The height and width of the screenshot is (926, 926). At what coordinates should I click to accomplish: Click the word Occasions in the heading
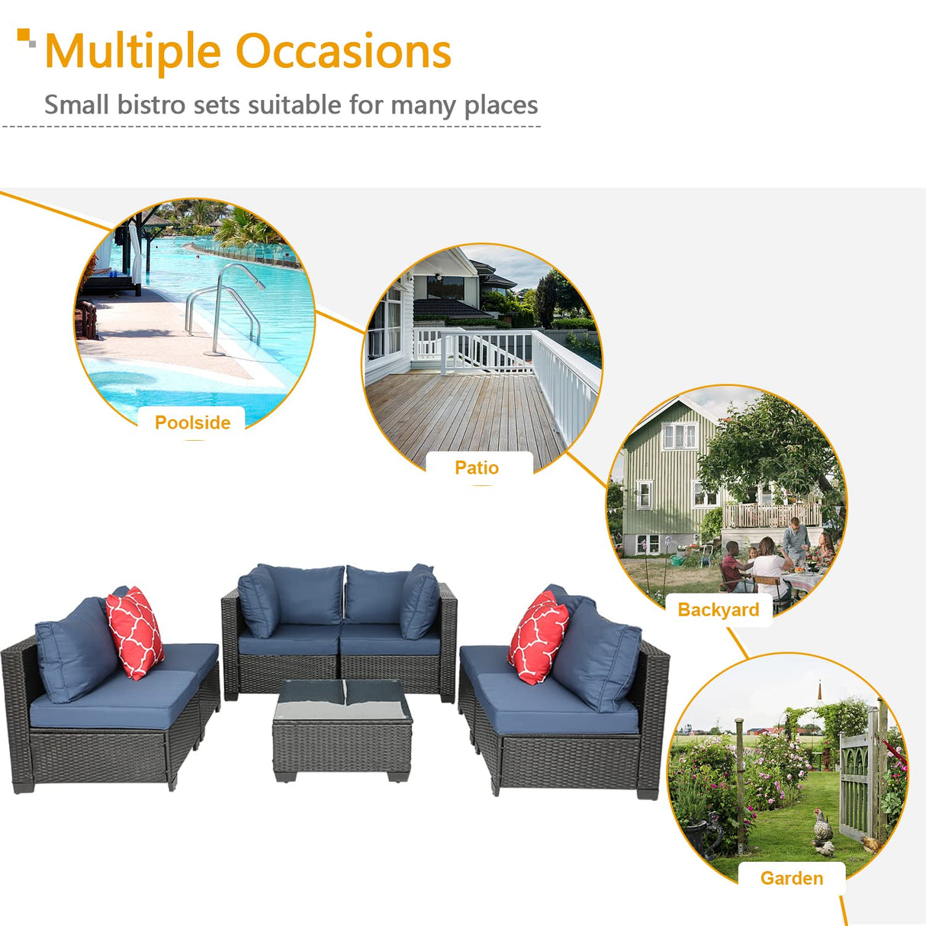(x=343, y=52)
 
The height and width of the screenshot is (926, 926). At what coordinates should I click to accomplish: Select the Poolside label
(x=192, y=423)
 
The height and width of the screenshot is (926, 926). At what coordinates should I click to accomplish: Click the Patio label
(x=477, y=468)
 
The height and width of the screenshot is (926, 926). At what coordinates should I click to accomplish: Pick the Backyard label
(x=718, y=609)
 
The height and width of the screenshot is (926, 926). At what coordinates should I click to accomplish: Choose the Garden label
(x=792, y=878)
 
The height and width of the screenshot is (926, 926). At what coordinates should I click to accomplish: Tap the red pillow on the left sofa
(x=134, y=632)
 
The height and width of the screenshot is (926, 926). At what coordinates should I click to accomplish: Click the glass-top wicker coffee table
(x=342, y=728)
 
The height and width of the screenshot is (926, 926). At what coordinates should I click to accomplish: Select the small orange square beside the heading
(x=24, y=35)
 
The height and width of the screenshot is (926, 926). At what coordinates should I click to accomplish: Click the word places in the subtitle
(x=501, y=105)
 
